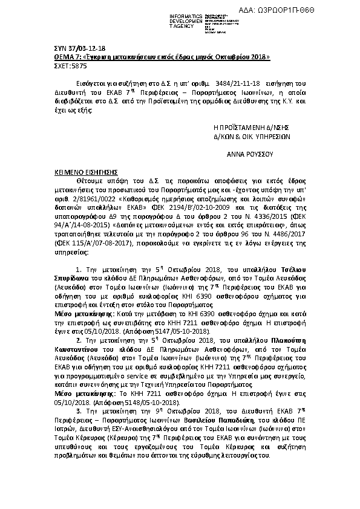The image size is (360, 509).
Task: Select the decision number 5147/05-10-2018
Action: (x=183, y=332)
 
